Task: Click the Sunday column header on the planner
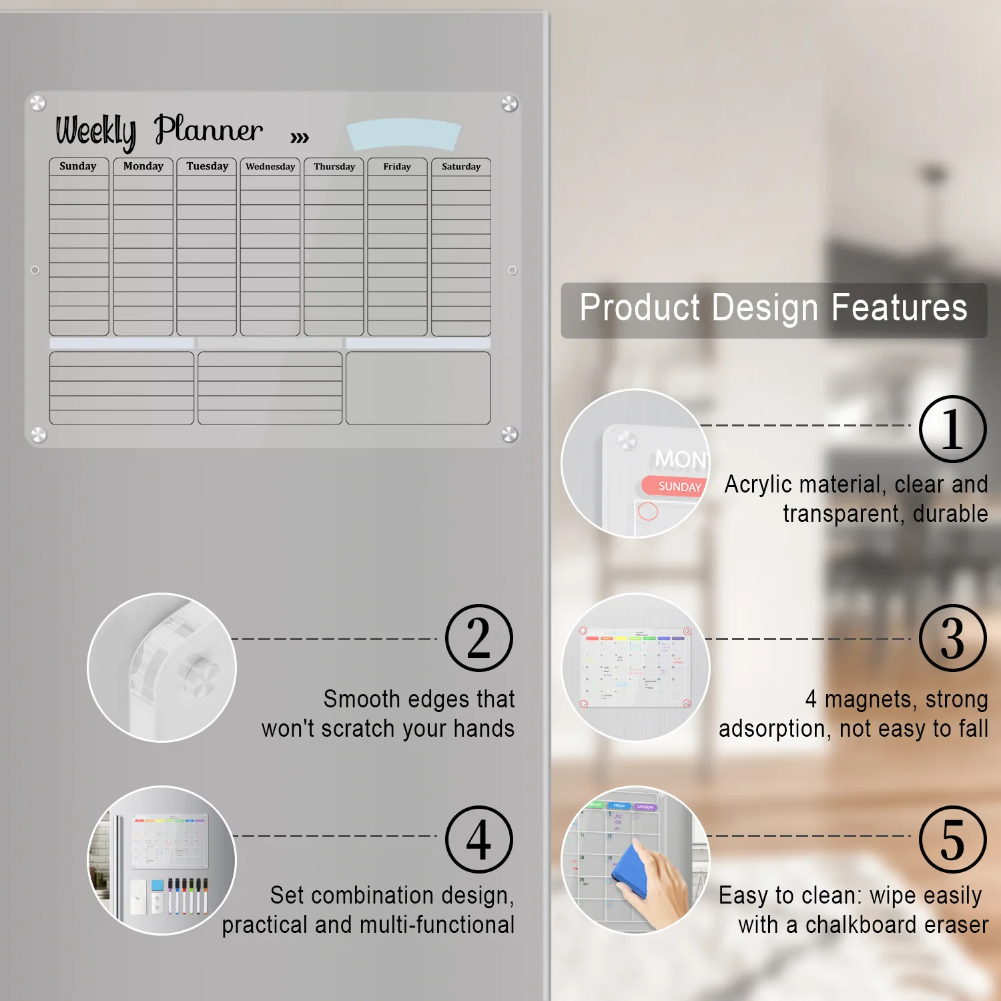point(78,166)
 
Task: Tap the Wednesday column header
point(270,167)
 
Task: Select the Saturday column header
point(461,167)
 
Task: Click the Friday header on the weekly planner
point(397,167)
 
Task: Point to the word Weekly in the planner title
point(96,131)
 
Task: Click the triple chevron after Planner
point(300,137)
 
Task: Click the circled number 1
point(952,429)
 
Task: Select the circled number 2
point(479,638)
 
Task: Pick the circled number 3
point(952,638)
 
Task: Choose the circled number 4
point(479,839)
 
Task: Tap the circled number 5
point(952,839)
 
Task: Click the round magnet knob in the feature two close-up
point(202,675)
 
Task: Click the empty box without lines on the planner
point(418,388)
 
